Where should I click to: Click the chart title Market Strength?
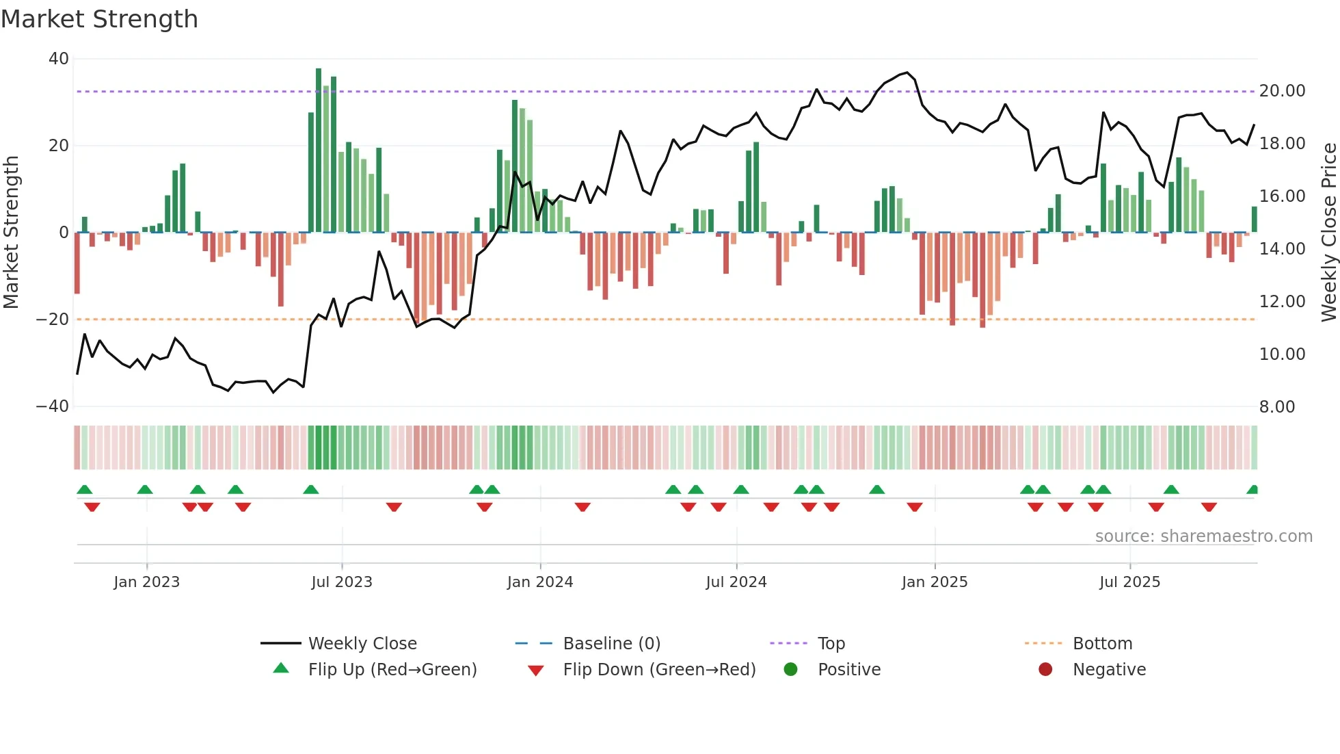[99, 19]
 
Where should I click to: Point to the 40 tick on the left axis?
[59, 59]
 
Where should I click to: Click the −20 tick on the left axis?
[53, 320]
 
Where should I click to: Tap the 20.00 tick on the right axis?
[1282, 91]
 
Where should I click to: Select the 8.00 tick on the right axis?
[1276, 407]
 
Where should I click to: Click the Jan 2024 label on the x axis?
[539, 582]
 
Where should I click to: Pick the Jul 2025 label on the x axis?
[1129, 582]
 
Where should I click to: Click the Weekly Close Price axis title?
[1328, 232]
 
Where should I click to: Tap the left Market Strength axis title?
[12, 232]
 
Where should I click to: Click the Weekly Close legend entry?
[362, 644]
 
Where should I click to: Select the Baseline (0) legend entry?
[611, 644]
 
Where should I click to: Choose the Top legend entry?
[831, 644]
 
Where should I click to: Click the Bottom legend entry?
[1102, 644]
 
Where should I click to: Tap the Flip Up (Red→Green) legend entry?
[392, 670]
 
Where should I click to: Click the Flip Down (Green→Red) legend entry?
[659, 670]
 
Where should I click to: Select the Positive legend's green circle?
[791, 670]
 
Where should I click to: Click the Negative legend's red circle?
[1045, 670]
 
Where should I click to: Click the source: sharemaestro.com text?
[1203, 536]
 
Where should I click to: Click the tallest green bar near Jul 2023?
[319, 151]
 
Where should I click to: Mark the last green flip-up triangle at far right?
[1252, 490]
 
